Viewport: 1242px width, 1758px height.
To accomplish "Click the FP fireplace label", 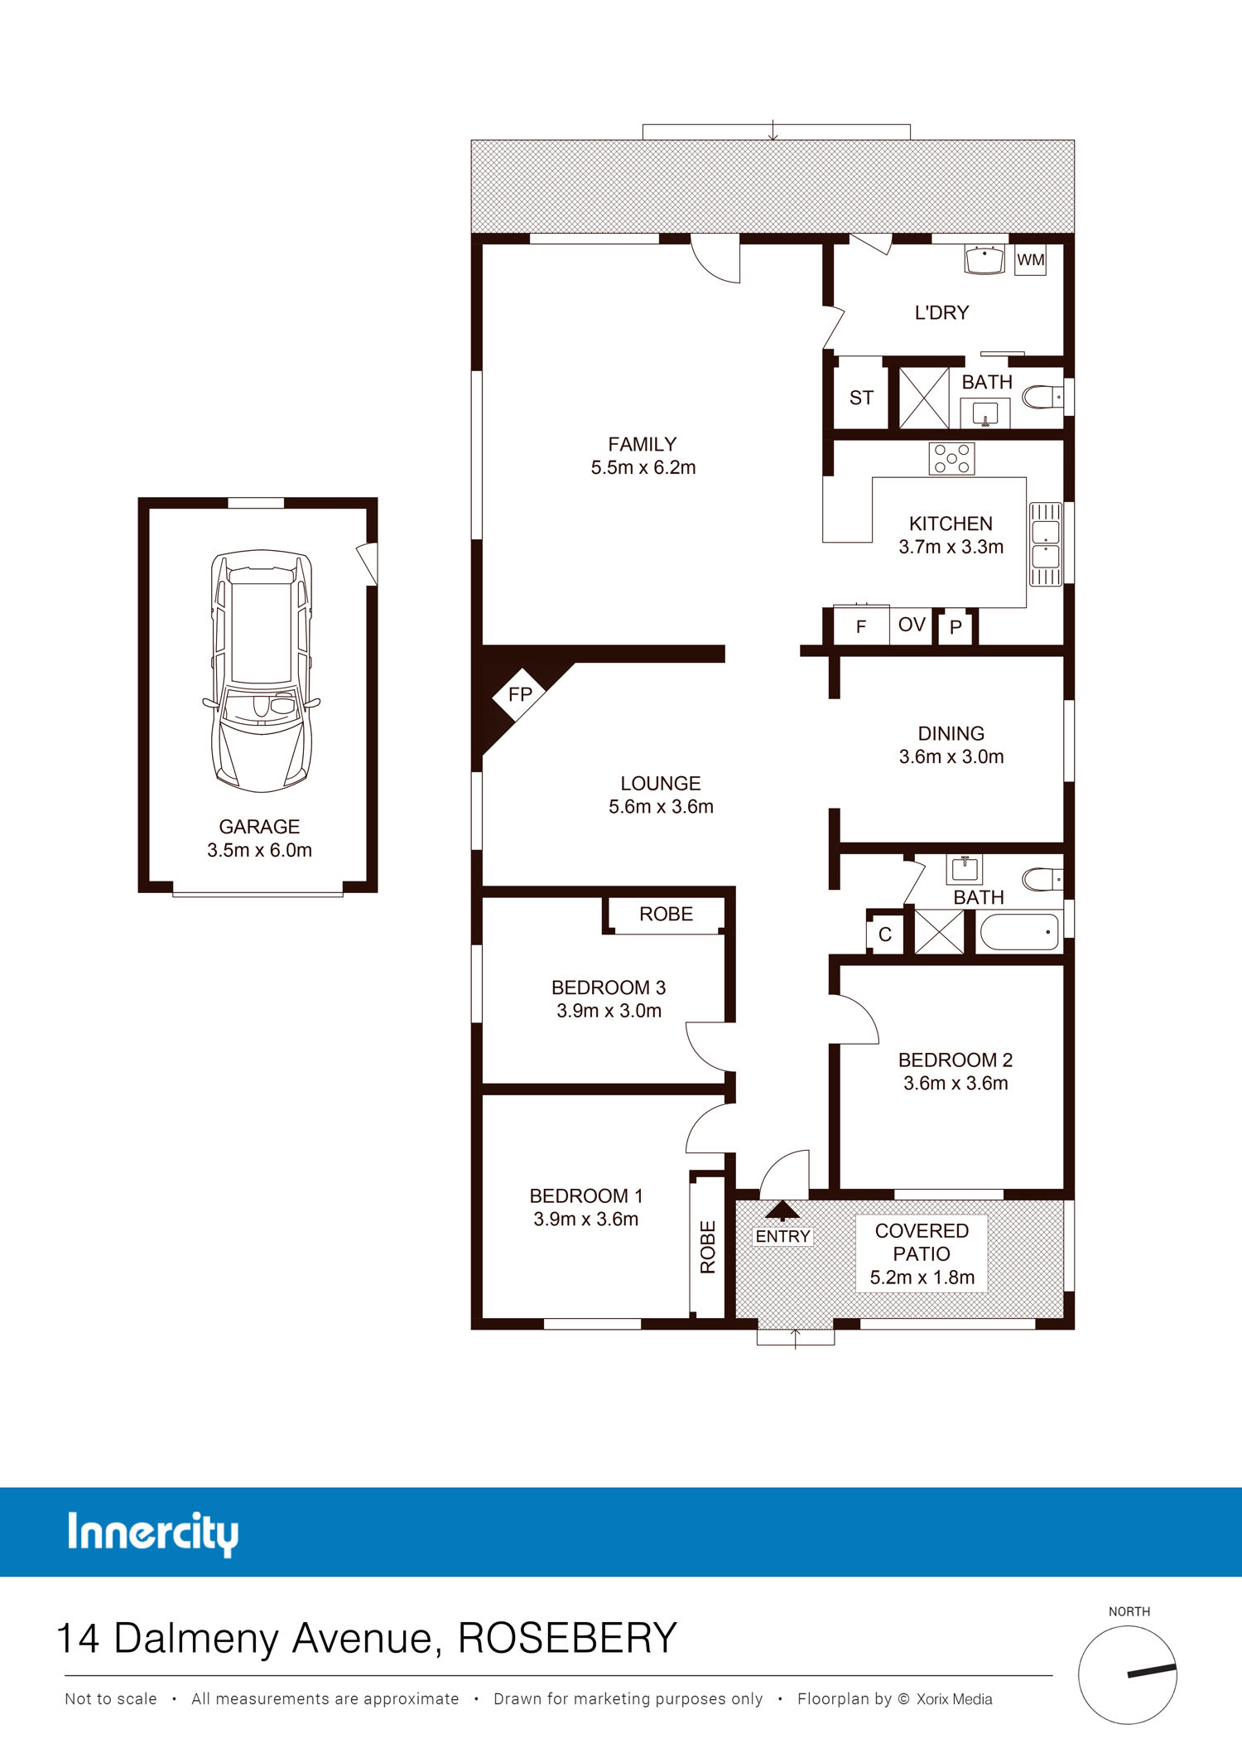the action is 520,694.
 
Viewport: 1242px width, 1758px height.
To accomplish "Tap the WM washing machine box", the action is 1030,260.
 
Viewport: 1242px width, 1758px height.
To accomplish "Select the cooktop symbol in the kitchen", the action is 951,458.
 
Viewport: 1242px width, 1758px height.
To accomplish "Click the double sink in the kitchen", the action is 1045,544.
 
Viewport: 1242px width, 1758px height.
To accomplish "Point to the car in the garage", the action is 261,671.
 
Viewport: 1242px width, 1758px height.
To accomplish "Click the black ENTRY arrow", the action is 782,1211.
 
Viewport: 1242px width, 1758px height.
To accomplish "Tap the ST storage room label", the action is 861,398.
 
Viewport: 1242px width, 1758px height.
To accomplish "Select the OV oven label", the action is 912,625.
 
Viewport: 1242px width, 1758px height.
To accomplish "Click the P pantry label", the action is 956,628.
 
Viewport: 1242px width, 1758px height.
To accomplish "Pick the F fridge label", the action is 861,627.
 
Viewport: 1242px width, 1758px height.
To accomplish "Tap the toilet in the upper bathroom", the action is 1042,397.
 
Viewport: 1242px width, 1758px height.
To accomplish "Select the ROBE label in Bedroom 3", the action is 666,914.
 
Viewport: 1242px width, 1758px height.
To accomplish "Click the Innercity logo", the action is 153,1533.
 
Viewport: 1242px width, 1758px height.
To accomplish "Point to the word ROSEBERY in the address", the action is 568,1638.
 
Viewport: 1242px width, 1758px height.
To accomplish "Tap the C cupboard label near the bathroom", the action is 885,935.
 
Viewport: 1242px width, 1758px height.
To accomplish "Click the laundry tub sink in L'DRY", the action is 984,258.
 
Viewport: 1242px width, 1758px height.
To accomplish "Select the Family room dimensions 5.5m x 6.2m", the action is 643,467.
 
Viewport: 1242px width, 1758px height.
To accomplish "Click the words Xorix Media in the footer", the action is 954,1699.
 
